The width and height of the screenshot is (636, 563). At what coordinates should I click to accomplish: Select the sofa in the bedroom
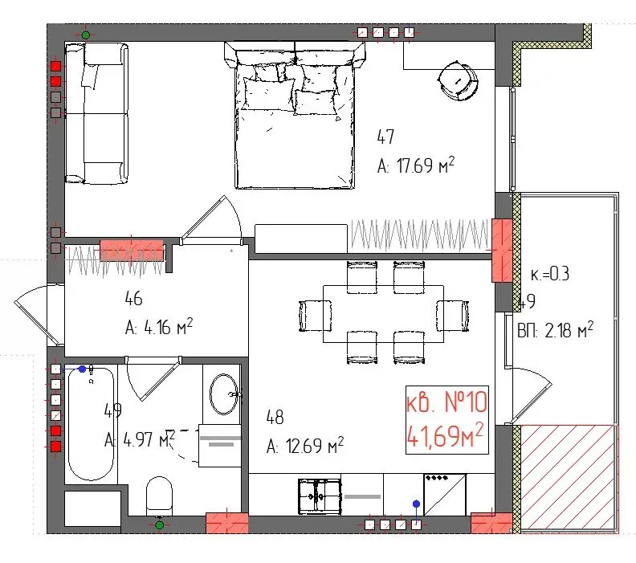[x=96, y=112]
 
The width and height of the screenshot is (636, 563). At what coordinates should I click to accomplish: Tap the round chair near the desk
[x=458, y=80]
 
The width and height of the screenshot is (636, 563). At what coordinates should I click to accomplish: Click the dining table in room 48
[x=383, y=313]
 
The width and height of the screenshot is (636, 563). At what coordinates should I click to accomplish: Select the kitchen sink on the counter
[x=320, y=496]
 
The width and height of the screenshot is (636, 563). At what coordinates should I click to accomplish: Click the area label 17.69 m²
[x=416, y=166]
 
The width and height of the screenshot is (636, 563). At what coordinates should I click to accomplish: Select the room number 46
[x=133, y=300]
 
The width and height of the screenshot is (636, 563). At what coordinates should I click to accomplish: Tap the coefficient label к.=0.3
[x=550, y=274]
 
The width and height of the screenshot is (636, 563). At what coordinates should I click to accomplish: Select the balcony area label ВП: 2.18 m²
[x=555, y=328]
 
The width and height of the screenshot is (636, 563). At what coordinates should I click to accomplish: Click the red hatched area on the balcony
[x=569, y=477]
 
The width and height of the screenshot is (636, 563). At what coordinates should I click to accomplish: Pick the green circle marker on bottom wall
[x=159, y=525]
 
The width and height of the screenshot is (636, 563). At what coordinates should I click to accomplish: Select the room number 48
[x=275, y=418]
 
